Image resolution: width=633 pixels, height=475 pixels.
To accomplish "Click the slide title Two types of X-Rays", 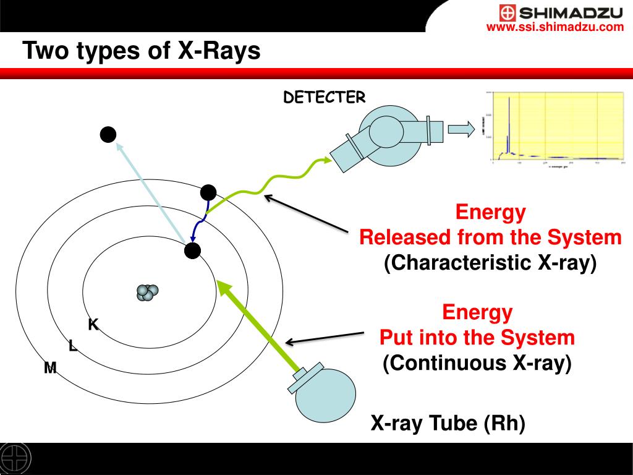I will click(x=142, y=51).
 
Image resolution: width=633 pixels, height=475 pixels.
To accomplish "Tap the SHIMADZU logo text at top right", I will click(x=571, y=12).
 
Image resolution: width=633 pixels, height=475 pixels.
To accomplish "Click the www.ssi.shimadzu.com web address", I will click(x=554, y=27).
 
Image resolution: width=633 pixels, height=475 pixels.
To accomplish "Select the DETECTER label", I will click(x=325, y=97).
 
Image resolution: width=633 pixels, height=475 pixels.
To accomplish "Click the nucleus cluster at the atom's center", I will click(x=148, y=292).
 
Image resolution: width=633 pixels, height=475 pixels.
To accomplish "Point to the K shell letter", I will click(x=93, y=324).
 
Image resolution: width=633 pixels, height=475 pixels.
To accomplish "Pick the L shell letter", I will click(x=73, y=346).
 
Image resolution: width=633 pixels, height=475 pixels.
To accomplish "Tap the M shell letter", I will click(x=50, y=368).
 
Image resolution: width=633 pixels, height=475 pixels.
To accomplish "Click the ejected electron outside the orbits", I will click(x=108, y=134).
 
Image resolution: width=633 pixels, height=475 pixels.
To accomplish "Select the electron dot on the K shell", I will click(x=193, y=250).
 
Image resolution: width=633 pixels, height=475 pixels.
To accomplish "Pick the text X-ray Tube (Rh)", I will click(x=448, y=424).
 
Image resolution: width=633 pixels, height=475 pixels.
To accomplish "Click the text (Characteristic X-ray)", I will click(x=490, y=262).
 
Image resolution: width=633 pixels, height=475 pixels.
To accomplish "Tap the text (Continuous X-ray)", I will click(x=477, y=363).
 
